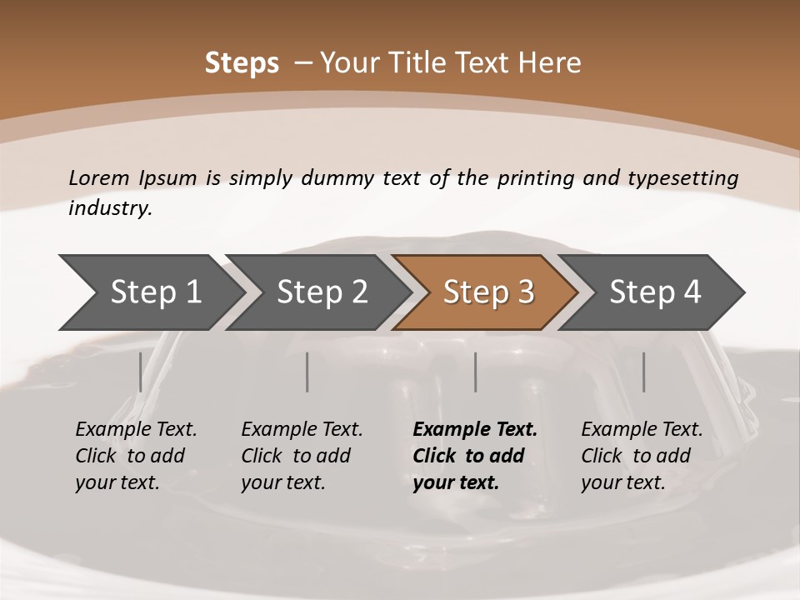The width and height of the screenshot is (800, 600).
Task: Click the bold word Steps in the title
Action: (242, 63)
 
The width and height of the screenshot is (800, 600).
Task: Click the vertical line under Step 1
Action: (140, 372)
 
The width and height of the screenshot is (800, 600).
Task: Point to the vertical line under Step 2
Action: (307, 372)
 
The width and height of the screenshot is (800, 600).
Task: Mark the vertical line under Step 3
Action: (475, 372)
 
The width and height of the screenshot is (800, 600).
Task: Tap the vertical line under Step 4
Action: (643, 372)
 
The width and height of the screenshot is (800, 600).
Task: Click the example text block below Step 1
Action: (136, 456)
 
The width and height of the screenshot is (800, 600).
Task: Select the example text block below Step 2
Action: (302, 456)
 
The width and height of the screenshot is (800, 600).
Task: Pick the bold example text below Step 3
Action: (475, 456)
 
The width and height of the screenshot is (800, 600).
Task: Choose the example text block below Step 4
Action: (642, 456)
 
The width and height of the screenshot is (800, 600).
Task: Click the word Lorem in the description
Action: (98, 178)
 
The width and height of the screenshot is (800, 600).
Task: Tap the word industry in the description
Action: (109, 208)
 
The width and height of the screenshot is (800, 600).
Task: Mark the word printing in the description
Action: (536, 178)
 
